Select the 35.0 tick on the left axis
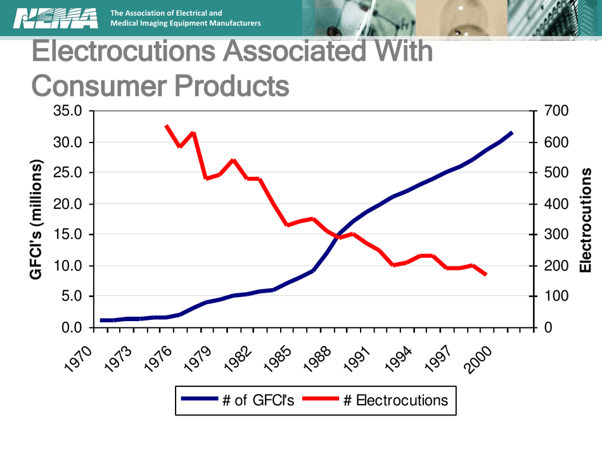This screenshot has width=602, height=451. click(x=69, y=111)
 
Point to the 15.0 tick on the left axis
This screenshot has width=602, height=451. click(x=69, y=235)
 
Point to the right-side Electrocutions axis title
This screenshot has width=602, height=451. click(x=586, y=219)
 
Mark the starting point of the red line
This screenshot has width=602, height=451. click(x=167, y=125)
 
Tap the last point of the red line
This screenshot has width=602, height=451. click(x=486, y=274)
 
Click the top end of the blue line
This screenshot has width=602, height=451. click(x=512, y=133)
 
